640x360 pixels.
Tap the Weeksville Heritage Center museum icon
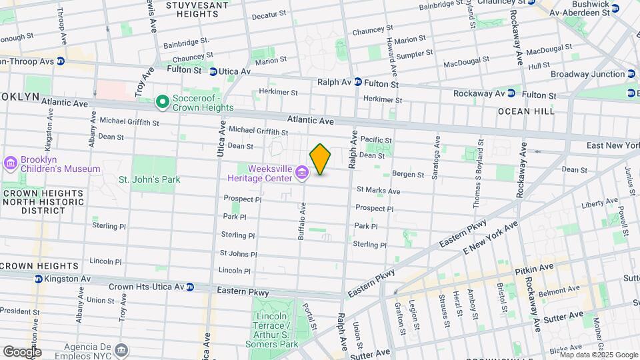pyautogui.click(x=302, y=174)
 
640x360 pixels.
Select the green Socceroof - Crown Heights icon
pyautogui.click(x=162, y=102)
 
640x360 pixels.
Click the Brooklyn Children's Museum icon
pyautogui.click(x=11, y=164)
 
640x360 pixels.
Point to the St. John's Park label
pyautogui.click(x=149, y=179)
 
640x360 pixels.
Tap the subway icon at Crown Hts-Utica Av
pyautogui.click(x=190, y=287)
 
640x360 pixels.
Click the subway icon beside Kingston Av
pyautogui.click(x=39, y=280)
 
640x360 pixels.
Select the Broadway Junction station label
pyautogui.click(x=587, y=74)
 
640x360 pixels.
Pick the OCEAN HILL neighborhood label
pyautogui.click(x=526, y=111)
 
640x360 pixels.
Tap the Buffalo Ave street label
pyautogui.click(x=301, y=222)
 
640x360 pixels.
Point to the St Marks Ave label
pyautogui.click(x=378, y=191)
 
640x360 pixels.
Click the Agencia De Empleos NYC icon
pyautogui.click(x=121, y=350)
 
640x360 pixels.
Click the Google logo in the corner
pyautogui.click(x=22, y=351)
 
